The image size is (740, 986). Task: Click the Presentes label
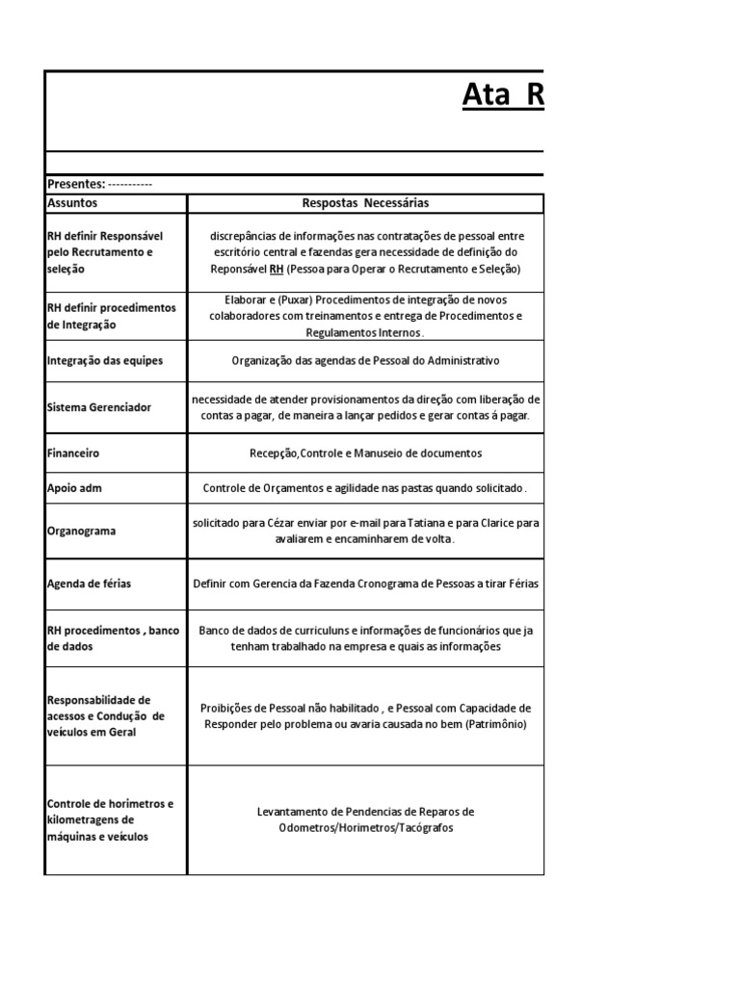[x=76, y=184]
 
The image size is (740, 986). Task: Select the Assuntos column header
[x=72, y=203]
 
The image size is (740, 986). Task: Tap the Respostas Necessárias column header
[x=365, y=203]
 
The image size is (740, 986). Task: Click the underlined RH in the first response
[x=276, y=269]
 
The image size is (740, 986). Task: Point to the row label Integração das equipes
[x=105, y=360]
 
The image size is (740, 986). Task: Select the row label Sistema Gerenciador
[x=99, y=407]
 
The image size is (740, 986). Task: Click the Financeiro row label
[x=73, y=453]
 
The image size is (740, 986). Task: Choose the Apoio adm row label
[x=74, y=488]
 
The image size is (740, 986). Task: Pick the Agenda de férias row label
[x=90, y=584]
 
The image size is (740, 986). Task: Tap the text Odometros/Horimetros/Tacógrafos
[x=365, y=828]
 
